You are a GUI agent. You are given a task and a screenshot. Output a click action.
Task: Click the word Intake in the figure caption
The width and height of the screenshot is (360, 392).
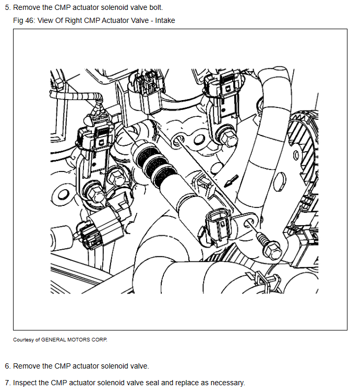[x=164, y=20]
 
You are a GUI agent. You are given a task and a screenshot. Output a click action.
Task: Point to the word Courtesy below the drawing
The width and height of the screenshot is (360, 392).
[x=24, y=340]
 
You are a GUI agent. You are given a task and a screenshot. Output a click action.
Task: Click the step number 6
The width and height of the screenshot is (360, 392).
[x=7, y=366]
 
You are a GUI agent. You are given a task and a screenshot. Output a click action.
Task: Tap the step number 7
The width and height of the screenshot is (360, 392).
[x=7, y=383]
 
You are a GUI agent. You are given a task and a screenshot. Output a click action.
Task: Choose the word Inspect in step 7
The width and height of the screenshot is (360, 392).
[x=26, y=383]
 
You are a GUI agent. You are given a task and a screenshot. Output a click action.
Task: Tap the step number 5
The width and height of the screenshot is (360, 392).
[x=7, y=8]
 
